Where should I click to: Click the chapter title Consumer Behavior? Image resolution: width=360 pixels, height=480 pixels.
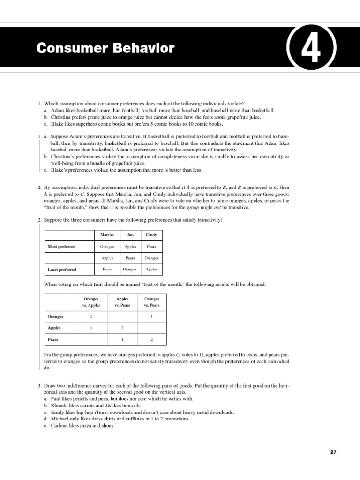click(x=105, y=48)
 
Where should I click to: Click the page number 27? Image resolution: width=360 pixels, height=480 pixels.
click(x=333, y=452)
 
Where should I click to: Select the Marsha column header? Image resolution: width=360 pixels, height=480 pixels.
click(x=107, y=234)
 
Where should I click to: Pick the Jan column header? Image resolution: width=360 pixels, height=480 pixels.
click(x=130, y=234)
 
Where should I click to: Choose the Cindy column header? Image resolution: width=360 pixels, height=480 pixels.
click(x=151, y=234)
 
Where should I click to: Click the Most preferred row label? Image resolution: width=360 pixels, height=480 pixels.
click(x=61, y=246)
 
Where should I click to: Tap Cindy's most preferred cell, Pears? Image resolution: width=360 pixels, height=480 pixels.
click(x=151, y=246)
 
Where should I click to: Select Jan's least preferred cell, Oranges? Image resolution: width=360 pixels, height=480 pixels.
click(x=130, y=270)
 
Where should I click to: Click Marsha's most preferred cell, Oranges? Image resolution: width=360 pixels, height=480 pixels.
click(x=107, y=246)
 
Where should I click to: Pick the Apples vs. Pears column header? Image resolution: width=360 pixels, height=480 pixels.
click(x=122, y=302)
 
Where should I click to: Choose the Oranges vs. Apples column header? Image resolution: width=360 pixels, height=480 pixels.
click(x=91, y=302)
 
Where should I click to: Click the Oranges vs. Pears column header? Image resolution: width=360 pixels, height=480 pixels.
click(x=151, y=302)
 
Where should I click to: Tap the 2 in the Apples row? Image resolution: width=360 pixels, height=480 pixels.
click(x=122, y=328)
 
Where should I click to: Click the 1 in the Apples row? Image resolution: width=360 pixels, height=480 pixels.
click(x=91, y=328)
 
